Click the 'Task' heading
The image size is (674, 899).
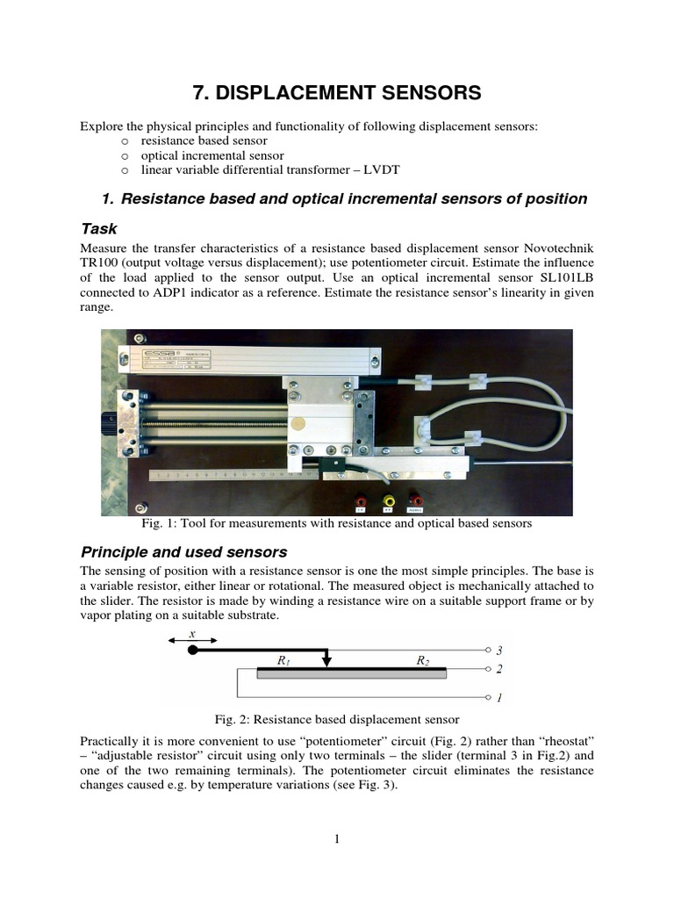pos(99,228)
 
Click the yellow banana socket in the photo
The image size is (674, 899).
pos(389,500)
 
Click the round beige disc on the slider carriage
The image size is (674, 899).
pos(311,423)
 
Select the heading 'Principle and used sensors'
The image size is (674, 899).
pos(184,552)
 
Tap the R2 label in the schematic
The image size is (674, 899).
pos(424,661)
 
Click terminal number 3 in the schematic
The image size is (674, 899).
pos(499,651)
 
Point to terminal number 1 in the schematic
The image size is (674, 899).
pos(499,699)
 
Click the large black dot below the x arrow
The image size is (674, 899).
pos(192,650)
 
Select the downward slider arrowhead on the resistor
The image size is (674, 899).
pos(326,663)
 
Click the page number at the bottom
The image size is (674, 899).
pos(336,839)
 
